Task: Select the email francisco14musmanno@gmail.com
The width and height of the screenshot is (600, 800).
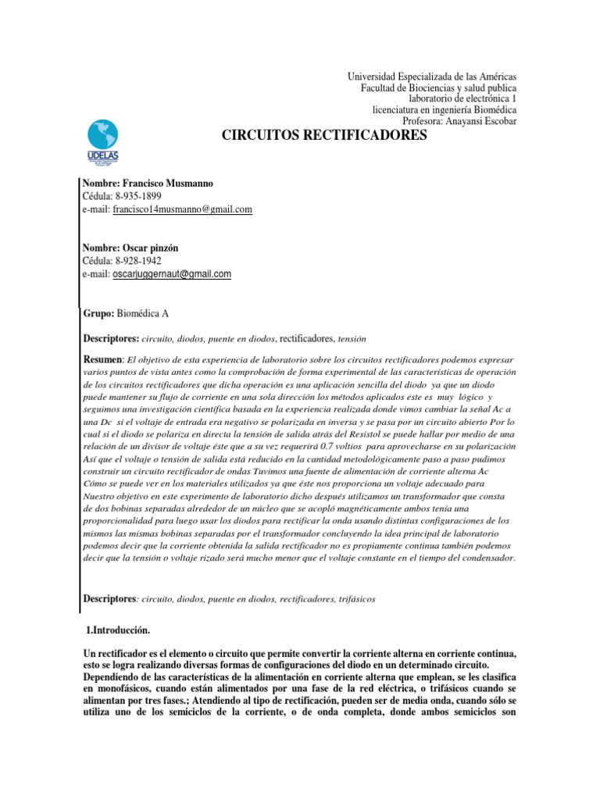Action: click(x=182, y=209)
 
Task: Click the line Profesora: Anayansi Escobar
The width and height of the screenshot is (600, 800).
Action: click(x=459, y=120)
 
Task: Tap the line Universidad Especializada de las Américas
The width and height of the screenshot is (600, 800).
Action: click(x=431, y=77)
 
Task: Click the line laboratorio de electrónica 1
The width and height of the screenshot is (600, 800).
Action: click(x=463, y=98)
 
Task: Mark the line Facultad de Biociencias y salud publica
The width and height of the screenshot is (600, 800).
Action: click(x=437, y=87)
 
